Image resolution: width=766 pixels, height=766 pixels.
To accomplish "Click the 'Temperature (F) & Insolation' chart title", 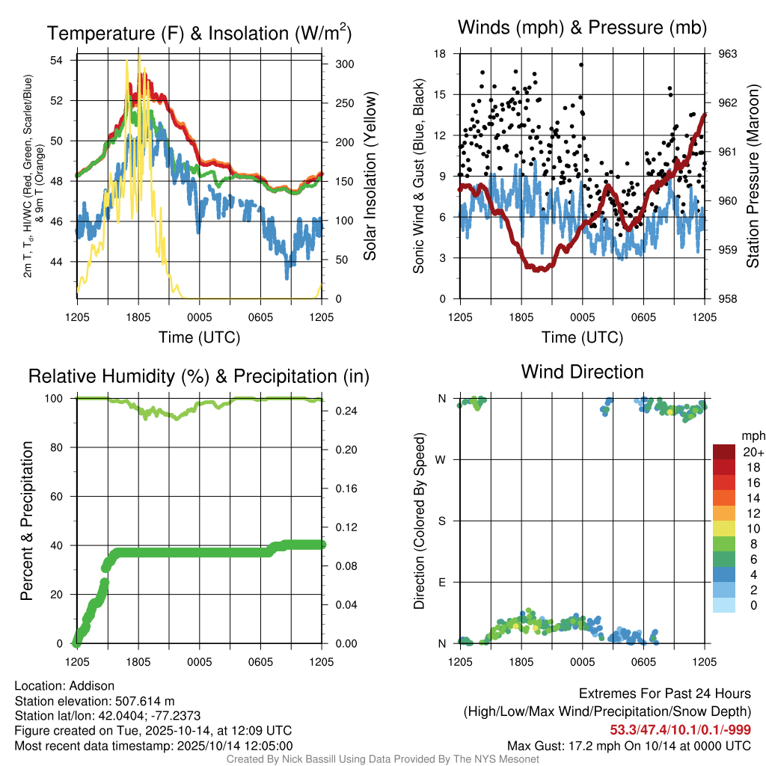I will [199, 33].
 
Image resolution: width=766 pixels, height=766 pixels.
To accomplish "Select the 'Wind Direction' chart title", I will [582, 372].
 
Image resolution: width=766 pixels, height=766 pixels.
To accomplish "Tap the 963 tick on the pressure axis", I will [728, 54].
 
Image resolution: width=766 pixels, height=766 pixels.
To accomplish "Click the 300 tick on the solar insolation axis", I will [344, 64].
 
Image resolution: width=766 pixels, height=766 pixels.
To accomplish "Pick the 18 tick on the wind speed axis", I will [440, 54].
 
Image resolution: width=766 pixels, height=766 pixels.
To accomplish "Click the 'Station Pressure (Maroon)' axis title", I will [753, 176].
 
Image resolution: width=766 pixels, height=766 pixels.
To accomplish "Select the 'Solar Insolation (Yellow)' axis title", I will [370, 177].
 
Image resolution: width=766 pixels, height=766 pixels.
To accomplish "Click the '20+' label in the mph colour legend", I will [753, 452].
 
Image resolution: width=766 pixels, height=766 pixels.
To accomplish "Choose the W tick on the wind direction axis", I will [441, 459].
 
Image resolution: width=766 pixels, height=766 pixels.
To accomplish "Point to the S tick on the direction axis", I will [441, 521].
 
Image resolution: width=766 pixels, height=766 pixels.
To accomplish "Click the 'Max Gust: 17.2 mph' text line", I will [628, 746].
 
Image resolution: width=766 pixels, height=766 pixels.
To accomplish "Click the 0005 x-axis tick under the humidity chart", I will [199, 662].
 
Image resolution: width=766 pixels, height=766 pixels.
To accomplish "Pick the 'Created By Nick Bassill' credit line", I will [383, 759].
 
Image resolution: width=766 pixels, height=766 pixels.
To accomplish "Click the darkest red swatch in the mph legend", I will [724, 452].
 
